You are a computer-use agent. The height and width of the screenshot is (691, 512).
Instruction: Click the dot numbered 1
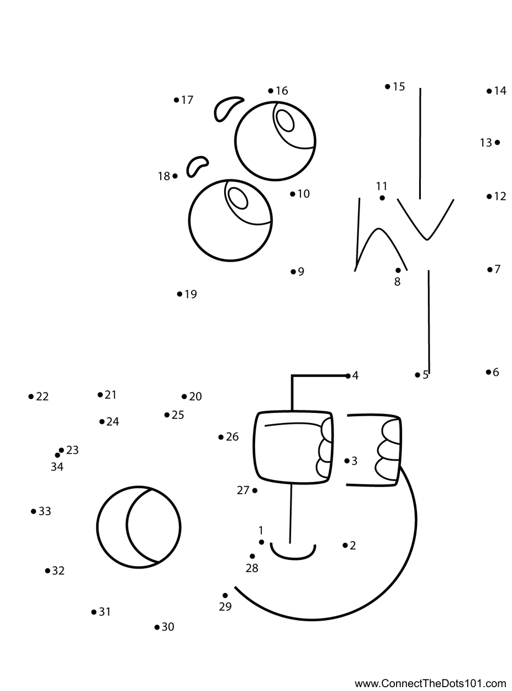(261, 542)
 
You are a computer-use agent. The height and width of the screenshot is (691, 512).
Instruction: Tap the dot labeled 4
(348, 376)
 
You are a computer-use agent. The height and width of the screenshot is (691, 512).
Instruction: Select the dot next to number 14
(489, 91)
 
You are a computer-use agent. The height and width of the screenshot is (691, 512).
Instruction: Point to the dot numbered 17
(177, 100)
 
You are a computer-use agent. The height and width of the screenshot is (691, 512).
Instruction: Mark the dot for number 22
(31, 396)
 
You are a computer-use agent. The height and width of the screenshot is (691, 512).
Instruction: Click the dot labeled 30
(157, 627)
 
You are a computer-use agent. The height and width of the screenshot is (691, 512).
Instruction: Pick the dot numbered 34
(57, 455)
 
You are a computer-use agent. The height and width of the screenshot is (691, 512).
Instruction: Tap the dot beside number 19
(180, 294)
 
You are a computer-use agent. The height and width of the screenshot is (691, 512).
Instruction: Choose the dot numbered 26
(221, 437)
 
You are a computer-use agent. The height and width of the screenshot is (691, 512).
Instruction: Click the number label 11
(382, 186)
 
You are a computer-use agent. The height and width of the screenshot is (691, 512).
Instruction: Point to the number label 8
(397, 281)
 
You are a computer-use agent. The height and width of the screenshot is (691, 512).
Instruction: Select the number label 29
(225, 606)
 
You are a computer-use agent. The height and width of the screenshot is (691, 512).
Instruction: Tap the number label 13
(486, 143)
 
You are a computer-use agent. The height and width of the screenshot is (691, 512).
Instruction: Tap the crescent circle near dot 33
(139, 527)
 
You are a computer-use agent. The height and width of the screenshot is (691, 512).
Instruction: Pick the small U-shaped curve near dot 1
(293, 552)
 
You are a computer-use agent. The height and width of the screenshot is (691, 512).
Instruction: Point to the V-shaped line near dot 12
(425, 219)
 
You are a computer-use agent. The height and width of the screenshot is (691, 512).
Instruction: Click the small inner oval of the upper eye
(286, 121)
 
